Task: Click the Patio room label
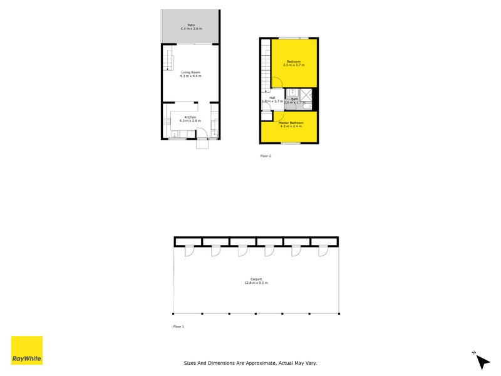tap(191, 25)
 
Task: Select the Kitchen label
tap(190, 117)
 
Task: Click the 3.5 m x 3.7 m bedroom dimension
tap(293, 65)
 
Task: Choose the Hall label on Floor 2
tap(272, 98)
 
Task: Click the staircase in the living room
tap(168, 62)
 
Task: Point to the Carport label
tap(256, 279)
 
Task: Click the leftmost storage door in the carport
tap(189, 251)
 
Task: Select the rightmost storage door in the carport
tap(323, 251)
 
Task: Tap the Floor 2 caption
tap(266, 155)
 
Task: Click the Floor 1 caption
tap(178, 326)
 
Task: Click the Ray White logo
tap(27, 350)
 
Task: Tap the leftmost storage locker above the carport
tap(187, 241)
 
